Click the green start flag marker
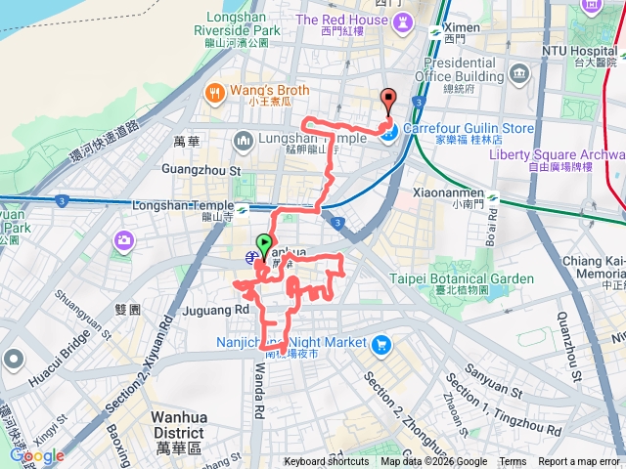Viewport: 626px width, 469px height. [x=264, y=244]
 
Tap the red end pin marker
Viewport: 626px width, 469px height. [x=387, y=99]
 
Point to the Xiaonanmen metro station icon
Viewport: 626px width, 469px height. [x=493, y=198]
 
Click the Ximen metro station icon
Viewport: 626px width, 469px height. [x=435, y=32]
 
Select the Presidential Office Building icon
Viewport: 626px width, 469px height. [x=518, y=73]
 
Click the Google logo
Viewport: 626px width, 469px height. [x=38, y=456]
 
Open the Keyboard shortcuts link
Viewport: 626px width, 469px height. [x=327, y=462]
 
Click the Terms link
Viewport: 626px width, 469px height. [x=513, y=462]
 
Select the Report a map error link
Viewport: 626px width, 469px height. [x=579, y=462]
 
